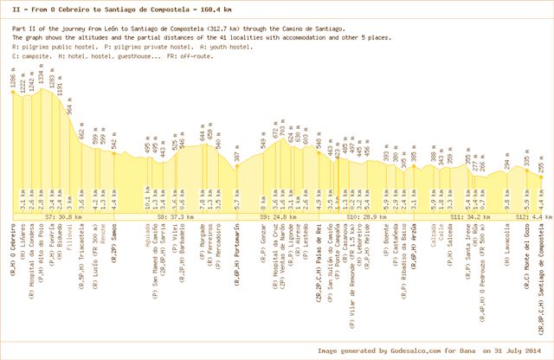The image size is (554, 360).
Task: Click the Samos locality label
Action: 114,244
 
